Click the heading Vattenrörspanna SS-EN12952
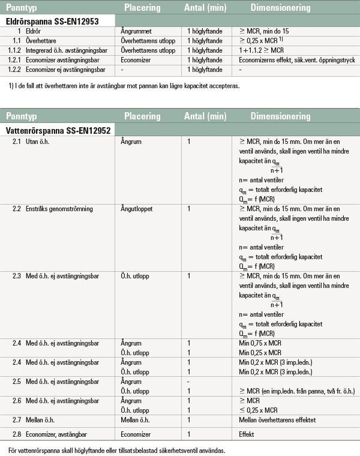click(x=58, y=130)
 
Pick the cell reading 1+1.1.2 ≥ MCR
click(x=261, y=50)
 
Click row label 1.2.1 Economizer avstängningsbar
click(x=57, y=59)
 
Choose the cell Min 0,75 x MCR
click(x=260, y=343)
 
